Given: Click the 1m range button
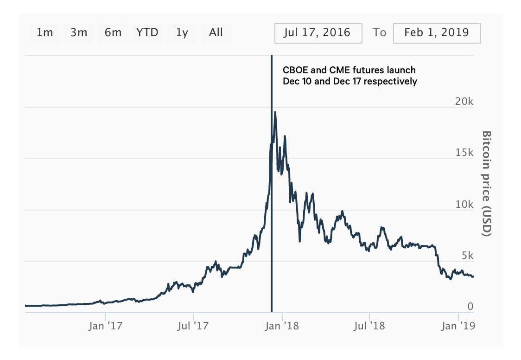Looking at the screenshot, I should [44, 32].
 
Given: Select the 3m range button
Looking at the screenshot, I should [79, 32].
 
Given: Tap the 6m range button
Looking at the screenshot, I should [113, 32].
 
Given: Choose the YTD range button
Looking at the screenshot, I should [147, 32].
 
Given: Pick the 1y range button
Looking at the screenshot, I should [182, 32].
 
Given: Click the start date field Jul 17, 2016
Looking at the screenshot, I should [318, 32].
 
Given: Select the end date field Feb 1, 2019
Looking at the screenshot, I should [437, 32].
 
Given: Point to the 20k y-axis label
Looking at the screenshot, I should [463, 102].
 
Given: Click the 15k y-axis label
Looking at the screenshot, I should [463, 153].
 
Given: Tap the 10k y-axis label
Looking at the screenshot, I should [463, 205].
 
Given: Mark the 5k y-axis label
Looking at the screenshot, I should [466, 256].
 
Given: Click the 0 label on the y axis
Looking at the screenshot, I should [470, 306].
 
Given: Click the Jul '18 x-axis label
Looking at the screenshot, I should [369, 326].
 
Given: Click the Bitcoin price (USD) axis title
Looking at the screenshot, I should [486, 184].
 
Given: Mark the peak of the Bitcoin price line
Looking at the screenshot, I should [275, 112].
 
